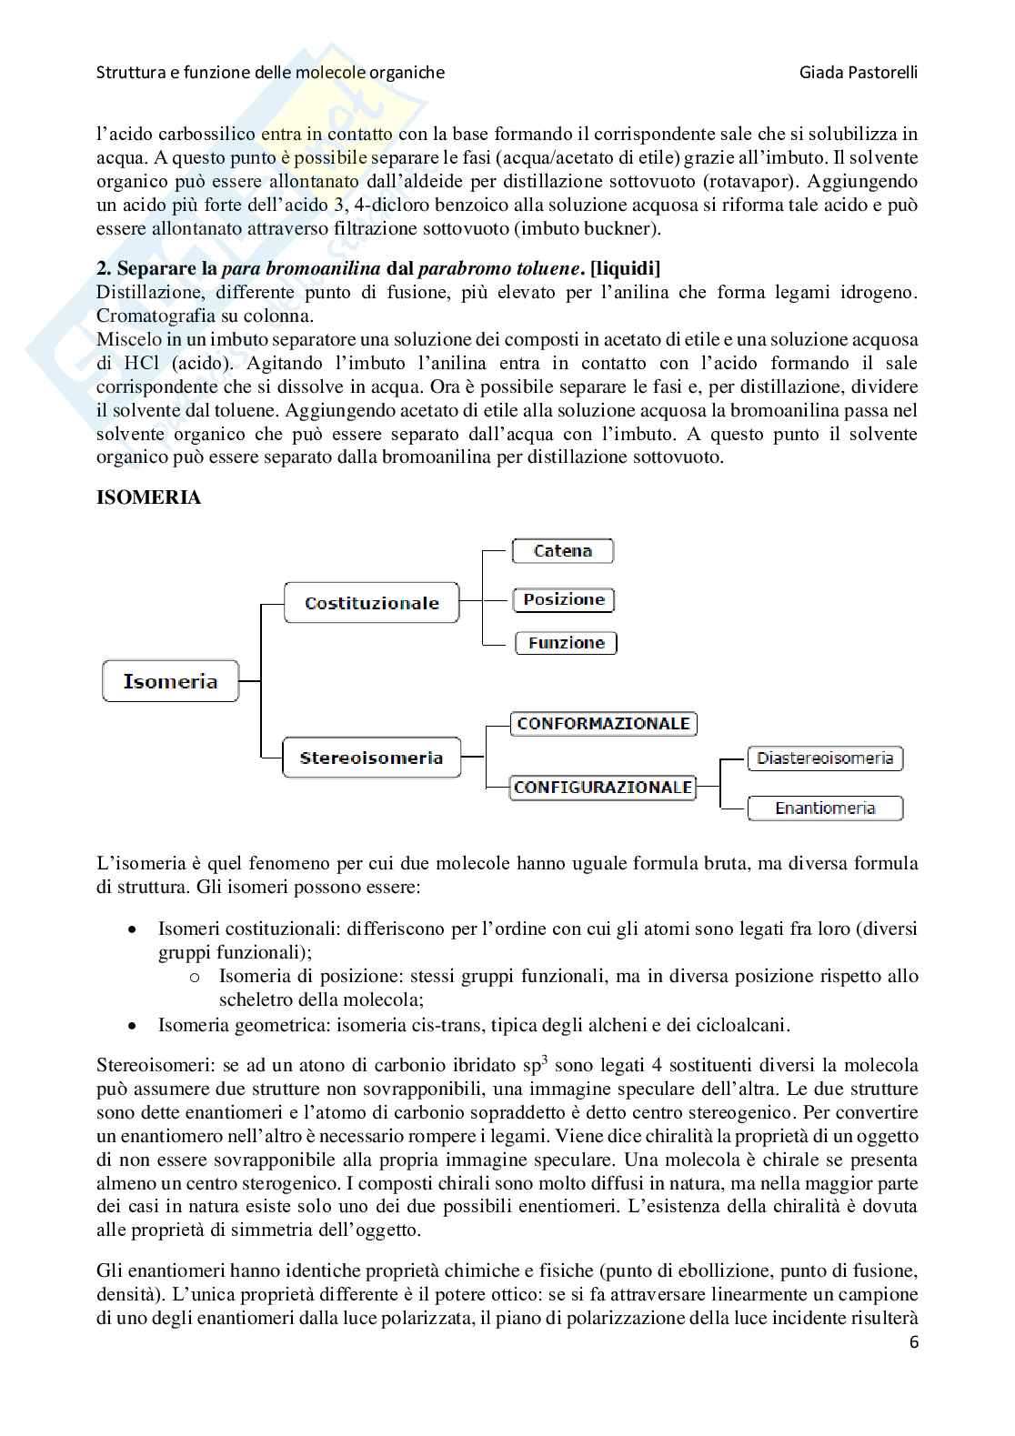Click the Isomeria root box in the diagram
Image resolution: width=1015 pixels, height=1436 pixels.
pos(170,681)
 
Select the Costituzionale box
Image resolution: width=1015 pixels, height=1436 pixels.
pos(371,603)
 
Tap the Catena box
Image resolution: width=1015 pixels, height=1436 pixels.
pos(563,550)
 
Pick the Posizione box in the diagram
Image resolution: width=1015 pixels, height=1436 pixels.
pos(564,599)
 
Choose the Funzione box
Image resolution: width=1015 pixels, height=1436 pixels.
pos(566,643)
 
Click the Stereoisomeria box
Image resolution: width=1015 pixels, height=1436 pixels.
pos(371,758)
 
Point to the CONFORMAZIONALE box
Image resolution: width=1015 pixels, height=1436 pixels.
pos(603,724)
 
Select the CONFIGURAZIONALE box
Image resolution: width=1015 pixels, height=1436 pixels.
pos(603,787)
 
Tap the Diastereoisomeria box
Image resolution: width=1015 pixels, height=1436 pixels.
pos(825,758)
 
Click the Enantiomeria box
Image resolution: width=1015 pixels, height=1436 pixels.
pos(825,808)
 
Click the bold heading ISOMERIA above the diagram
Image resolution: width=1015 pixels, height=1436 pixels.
pos(148,498)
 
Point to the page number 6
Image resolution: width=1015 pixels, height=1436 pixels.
pos(913,1342)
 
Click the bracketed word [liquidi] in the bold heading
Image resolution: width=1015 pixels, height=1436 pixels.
pos(626,269)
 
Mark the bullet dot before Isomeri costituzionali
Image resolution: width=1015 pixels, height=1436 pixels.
pos(134,930)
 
